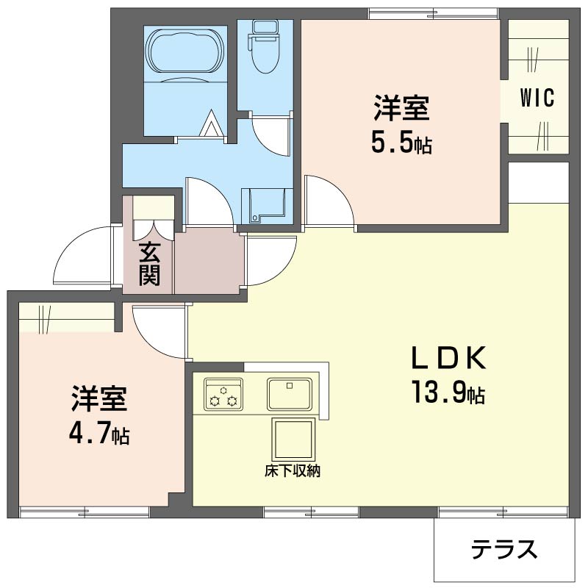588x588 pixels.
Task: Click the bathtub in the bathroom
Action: [187, 51]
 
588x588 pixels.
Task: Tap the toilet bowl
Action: [266, 56]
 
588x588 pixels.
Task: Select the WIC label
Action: [537, 98]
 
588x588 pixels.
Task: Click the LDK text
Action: [449, 359]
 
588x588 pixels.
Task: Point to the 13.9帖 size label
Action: [448, 392]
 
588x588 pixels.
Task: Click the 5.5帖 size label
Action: [401, 143]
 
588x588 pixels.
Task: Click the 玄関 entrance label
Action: [150, 264]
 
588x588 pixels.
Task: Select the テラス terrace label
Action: [504, 549]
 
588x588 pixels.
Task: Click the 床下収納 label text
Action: [293, 471]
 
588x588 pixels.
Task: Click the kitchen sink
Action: [289, 394]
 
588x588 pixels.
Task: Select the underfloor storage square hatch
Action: [293, 439]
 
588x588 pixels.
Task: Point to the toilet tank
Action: [266, 27]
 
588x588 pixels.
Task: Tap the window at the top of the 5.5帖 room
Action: [433, 14]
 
